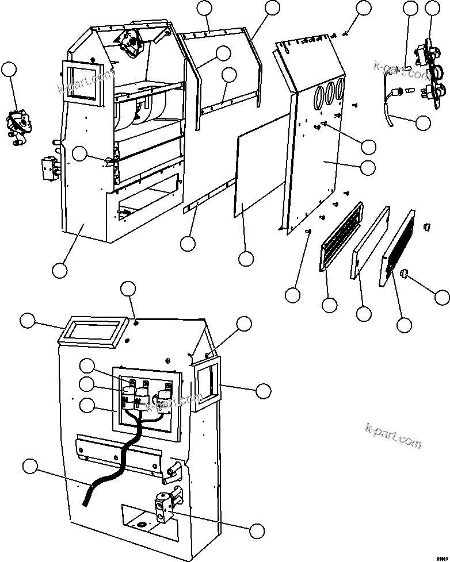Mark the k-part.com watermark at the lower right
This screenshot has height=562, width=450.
point(393,436)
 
